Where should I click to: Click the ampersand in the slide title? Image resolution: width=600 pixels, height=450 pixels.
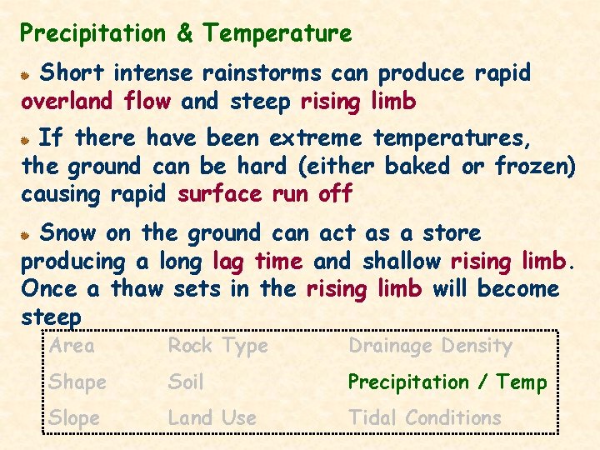[x=185, y=34]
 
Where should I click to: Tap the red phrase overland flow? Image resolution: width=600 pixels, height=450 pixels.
[x=96, y=102]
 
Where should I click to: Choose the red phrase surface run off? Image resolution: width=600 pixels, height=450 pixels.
[x=265, y=195]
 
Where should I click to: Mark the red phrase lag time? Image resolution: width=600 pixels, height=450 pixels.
[x=257, y=261]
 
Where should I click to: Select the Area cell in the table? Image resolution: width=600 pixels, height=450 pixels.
[x=72, y=346]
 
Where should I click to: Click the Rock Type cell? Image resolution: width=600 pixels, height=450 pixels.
[x=217, y=346]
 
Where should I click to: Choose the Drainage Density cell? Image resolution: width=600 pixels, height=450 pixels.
[x=430, y=346]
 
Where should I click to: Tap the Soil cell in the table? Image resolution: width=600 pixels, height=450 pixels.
[x=185, y=382]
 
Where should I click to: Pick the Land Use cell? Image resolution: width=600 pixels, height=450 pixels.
[x=212, y=418]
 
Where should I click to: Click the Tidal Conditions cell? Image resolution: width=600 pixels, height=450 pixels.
[x=424, y=418]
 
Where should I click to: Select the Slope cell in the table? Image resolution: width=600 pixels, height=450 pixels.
[x=74, y=418]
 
